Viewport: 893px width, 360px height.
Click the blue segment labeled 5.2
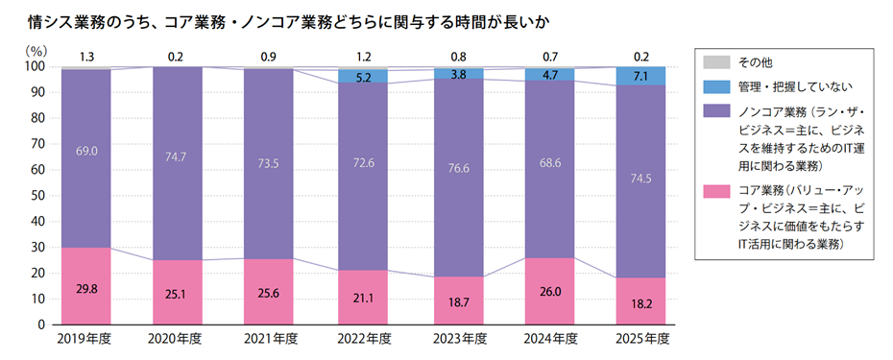(364, 76)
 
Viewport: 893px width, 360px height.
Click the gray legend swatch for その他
(713, 62)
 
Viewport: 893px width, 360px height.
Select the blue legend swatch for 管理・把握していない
(713, 87)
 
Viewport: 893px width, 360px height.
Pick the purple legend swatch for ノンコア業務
(713, 112)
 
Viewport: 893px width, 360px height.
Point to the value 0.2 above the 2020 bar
(176, 57)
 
